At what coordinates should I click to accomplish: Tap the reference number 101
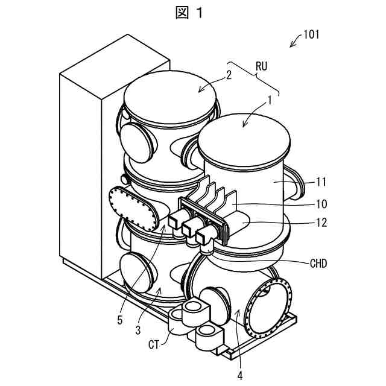tap(311, 34)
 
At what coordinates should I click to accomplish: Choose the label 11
tap(321, 182)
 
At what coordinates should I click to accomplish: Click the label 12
tap(321, 222)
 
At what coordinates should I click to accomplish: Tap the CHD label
tap(317, 263)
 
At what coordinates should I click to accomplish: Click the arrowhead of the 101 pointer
tap(292, 45)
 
